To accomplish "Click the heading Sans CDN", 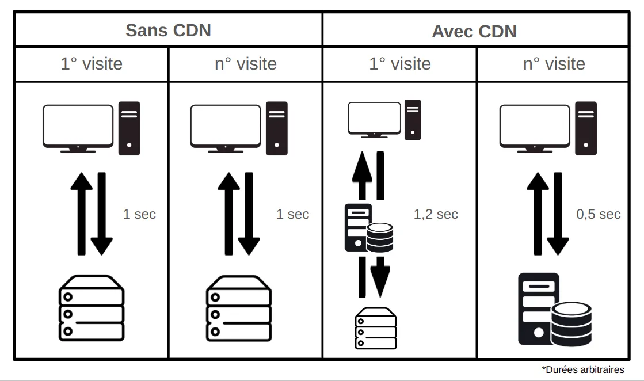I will click(168, 30).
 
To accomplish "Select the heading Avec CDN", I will click(474, 31).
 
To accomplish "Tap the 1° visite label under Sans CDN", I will click(92, 63).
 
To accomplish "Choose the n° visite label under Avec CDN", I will click(554, 63).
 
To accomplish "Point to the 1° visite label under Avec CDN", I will click(399, 63).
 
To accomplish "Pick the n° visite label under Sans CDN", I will click(245, 63).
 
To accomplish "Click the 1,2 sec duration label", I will click(436, 215).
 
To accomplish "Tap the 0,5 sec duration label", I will click(598, 215).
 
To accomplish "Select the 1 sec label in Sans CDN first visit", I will click(139, 215).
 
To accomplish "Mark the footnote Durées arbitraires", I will click(582, 369).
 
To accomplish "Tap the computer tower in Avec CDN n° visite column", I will click(586, 128).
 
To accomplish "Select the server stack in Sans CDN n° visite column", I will click(238, 308).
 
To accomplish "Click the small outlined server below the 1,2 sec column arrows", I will click(376, 329).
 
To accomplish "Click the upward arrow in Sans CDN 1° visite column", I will click(81, 213).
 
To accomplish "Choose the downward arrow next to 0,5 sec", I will click(557, 213).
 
